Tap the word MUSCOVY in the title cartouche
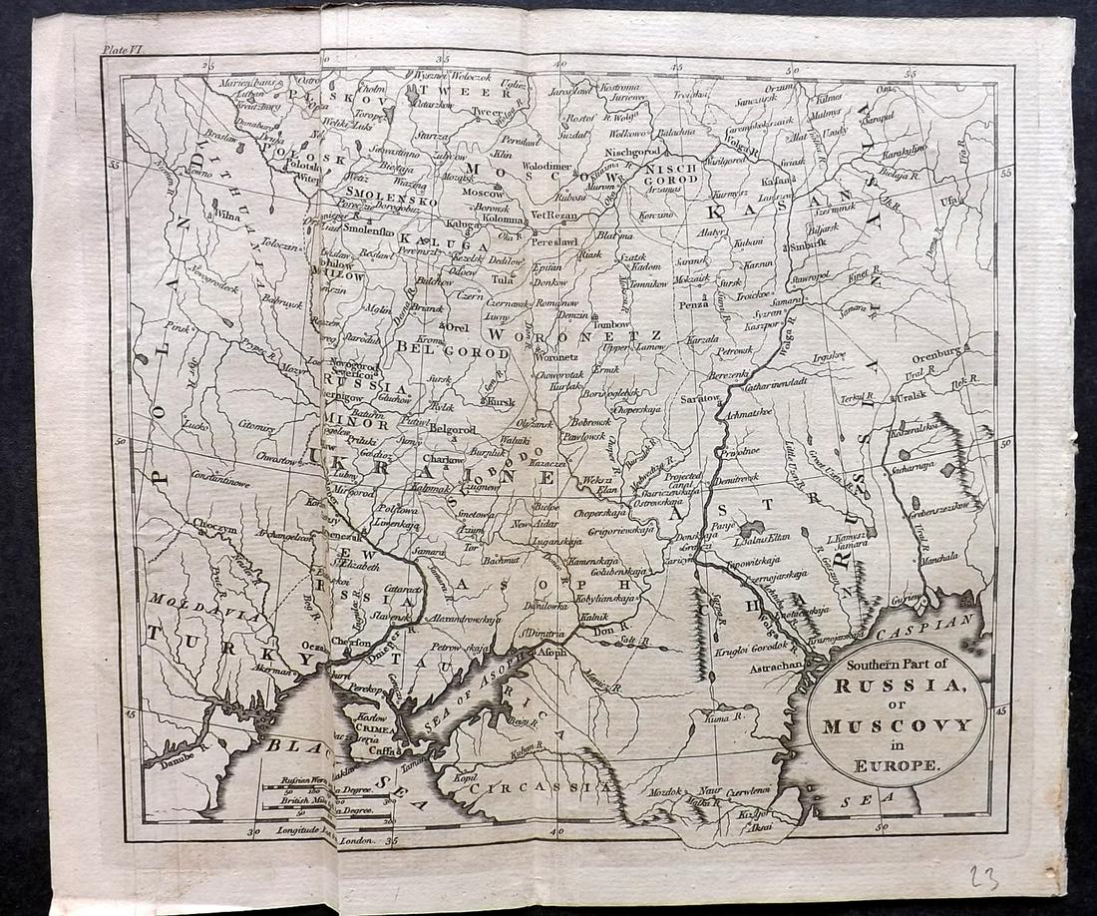897,725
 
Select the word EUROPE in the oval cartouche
897,765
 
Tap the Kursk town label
503,401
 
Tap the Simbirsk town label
810,243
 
